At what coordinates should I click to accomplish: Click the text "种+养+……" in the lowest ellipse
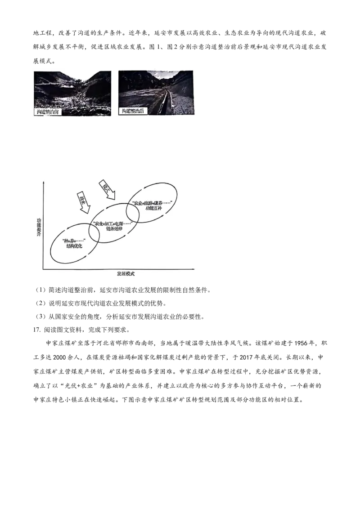(x=74, y=241)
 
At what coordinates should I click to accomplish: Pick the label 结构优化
(x=74, y=247)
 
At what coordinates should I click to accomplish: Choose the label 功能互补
(x=153, y=209)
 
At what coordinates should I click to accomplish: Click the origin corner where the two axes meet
(x=43, y=269)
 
